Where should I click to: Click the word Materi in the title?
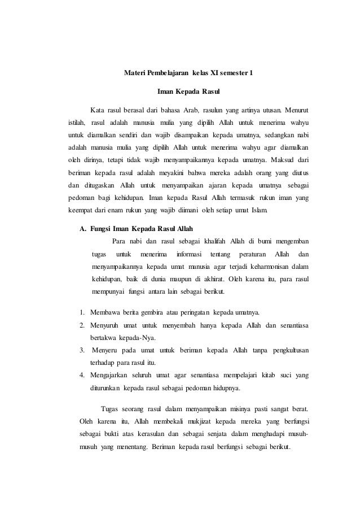coord(134,73)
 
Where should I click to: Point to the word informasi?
coord(187,256)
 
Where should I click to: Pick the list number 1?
coord(82,312)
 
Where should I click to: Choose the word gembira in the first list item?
coord(143,312)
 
